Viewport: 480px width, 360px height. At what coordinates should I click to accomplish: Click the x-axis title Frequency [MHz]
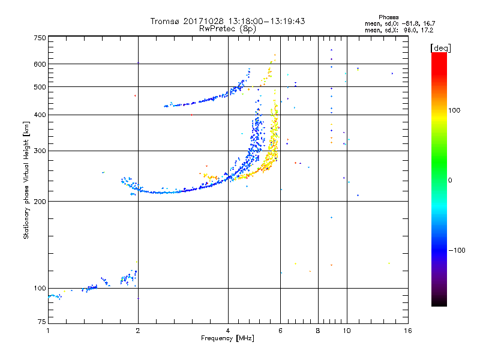[x=228, y=339]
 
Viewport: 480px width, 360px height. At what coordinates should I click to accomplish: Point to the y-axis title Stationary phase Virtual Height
[x=26, y=180]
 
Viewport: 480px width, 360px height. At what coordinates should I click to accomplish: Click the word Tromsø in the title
[x=166, y=21]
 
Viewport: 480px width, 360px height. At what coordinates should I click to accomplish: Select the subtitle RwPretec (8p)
[x=228, y=28]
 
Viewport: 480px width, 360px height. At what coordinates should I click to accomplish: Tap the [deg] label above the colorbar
[x=440, y=47]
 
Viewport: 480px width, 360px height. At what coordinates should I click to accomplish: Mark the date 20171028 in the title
[x=205, y=21]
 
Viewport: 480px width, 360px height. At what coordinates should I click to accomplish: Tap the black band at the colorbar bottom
[x=439, y=302]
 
